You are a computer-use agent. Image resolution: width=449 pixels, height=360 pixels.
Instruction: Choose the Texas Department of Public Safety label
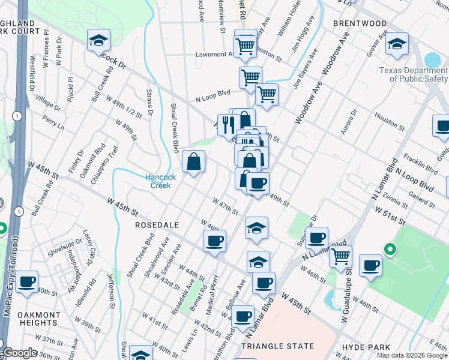413,74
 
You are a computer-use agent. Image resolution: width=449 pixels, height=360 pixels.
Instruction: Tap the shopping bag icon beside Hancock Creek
194,161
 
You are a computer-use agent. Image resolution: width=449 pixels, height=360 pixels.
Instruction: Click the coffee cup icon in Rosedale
214,242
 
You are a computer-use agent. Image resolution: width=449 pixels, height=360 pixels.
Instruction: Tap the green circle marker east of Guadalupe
389,248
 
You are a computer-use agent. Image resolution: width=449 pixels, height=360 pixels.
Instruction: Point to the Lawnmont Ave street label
215,54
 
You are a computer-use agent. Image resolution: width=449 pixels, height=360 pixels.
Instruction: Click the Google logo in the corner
20,353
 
